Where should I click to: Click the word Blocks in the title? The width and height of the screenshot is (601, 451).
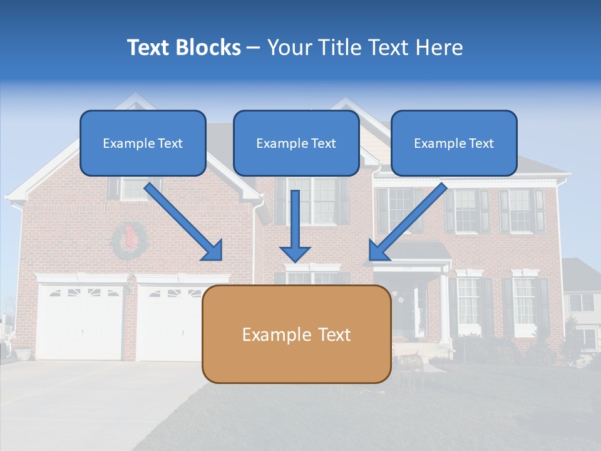click(x=208, y=48)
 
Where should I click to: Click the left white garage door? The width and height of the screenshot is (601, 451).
click(x=80, y=322)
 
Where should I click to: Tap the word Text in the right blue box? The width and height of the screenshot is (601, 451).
click(x=481, y=143)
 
